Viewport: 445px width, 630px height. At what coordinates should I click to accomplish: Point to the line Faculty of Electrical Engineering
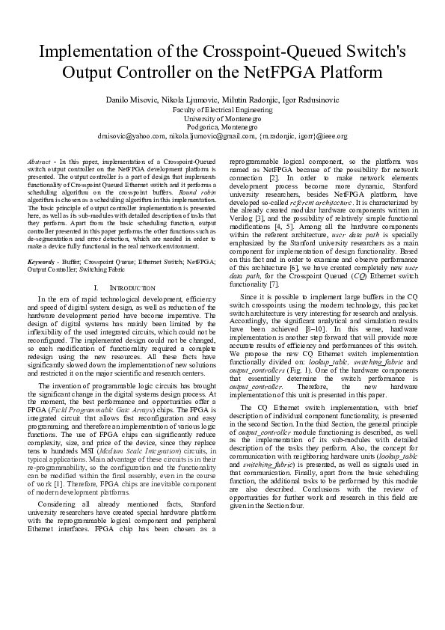(222, 108)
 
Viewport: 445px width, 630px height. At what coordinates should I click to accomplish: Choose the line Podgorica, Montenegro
(222, 127)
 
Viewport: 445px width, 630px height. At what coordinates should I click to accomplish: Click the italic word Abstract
(38, 161)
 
